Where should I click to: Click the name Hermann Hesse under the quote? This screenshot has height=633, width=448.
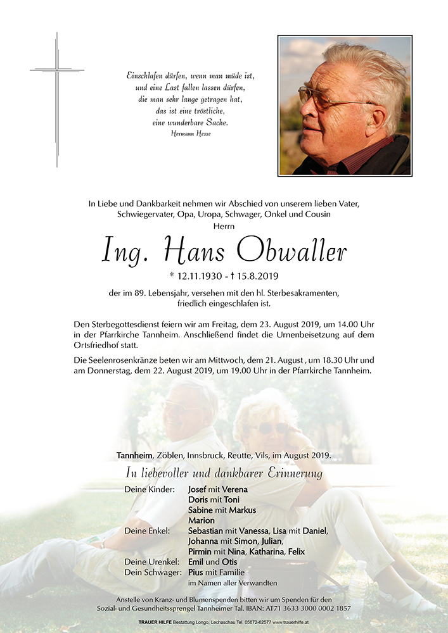pyautogui.click(x=191, y=134)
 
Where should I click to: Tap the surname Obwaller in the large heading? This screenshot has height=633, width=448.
pyautogui.click(x=292, y=251)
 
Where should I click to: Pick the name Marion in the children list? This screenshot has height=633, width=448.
pyautogui.click(x=202, y=520)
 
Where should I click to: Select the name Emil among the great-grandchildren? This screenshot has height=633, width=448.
pyautogui.click(x=198, y=562)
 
